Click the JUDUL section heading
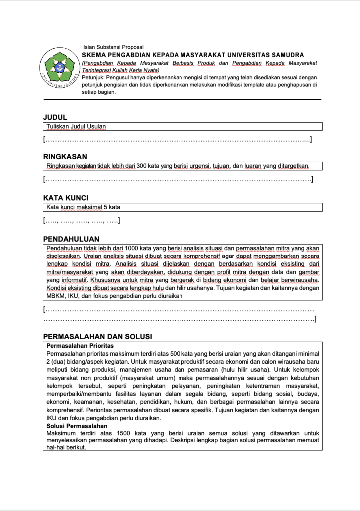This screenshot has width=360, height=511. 55,117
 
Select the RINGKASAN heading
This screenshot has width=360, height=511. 65,156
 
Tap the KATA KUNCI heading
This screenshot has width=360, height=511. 66,197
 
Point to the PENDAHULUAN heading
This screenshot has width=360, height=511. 71,239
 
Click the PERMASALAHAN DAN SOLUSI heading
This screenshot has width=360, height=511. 98,336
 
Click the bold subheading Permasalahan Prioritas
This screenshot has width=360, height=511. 80,346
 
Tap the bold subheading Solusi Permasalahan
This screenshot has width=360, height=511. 77,426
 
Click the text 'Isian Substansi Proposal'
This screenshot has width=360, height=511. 113,47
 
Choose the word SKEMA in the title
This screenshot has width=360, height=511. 93,55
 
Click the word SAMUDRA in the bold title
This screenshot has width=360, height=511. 286,55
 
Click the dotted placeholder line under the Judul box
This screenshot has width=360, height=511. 178,139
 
